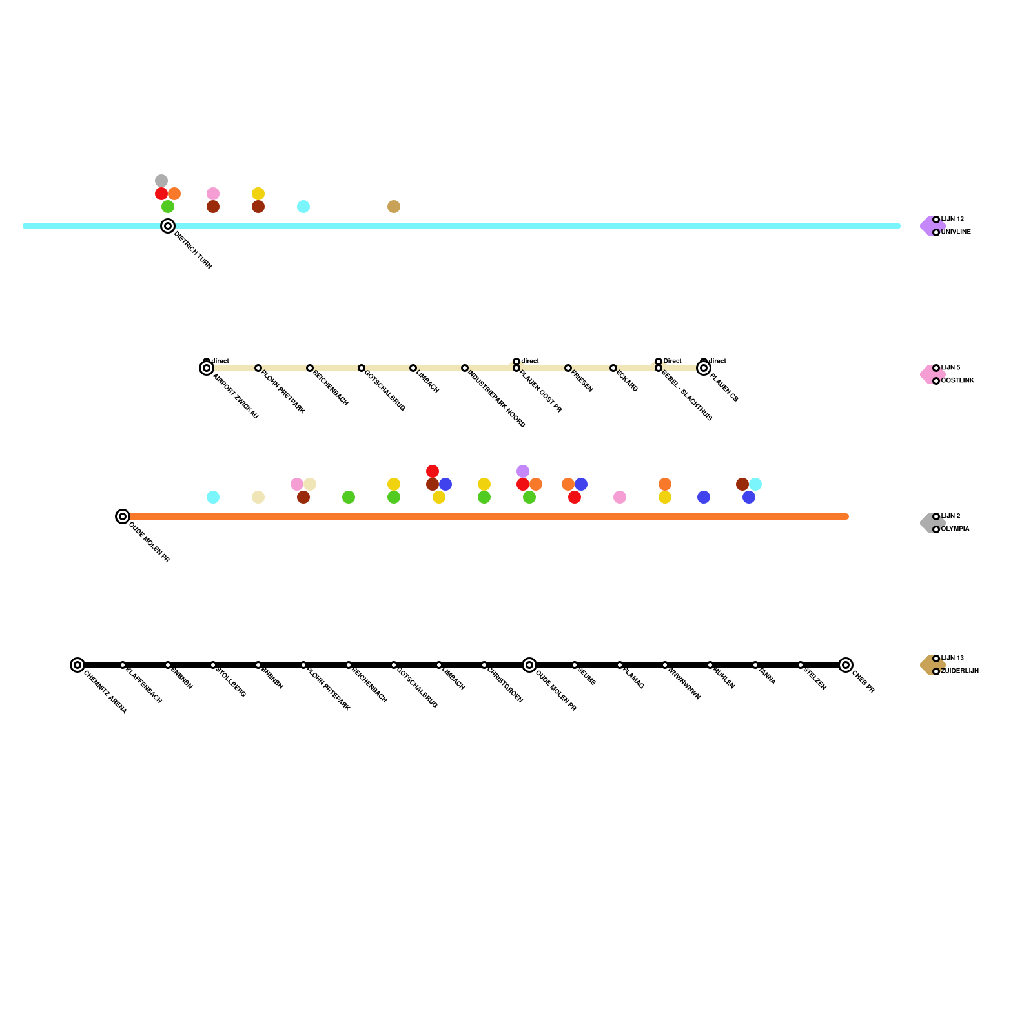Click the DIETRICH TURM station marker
coord(168,226)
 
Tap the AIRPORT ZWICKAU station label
coord(235,397)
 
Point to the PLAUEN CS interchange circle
coord(704,368)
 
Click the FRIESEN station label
coord(582,382)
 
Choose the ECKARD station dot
coord(613,368)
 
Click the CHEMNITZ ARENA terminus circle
coord(77,665)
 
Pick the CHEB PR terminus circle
coord(846,665)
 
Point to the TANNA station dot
coord(755,665)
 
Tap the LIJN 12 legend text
coord(952,220)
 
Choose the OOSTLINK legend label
coord(957,381)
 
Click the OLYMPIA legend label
coord(955,529)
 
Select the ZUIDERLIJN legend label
coord(959,671)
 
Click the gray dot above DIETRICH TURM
coord(161,181)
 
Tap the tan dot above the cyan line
coord(394,207)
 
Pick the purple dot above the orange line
coord(523,471)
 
